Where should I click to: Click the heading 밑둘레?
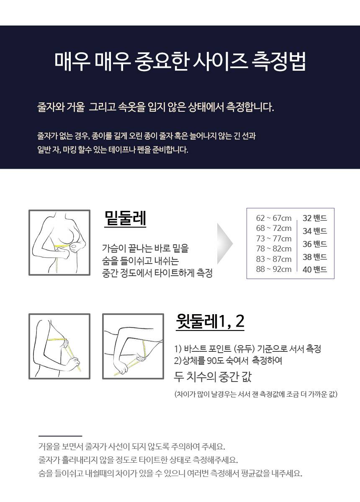point(125,218)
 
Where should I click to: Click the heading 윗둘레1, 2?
point(210,322)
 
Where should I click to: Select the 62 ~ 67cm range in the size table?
point(274,218)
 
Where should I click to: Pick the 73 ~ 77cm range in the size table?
point(274,239)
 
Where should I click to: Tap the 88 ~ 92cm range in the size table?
point(274,269)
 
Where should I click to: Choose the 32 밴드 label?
point(315,218)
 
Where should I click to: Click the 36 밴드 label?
point(315,244)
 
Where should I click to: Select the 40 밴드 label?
point(315,269)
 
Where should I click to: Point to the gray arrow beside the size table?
point(225,244)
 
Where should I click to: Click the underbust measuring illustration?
point(59,243)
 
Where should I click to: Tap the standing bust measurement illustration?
point(59,346)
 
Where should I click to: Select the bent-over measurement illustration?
point(133,346)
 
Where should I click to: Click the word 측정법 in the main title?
point(278,61)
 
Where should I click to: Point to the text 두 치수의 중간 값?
point(213,377)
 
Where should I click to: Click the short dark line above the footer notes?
point(60,436)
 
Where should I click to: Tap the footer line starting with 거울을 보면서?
point(132,447)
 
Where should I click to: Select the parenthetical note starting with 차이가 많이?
point(256,394)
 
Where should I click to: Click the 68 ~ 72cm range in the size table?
point(274,228)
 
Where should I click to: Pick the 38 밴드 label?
point(315,257)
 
